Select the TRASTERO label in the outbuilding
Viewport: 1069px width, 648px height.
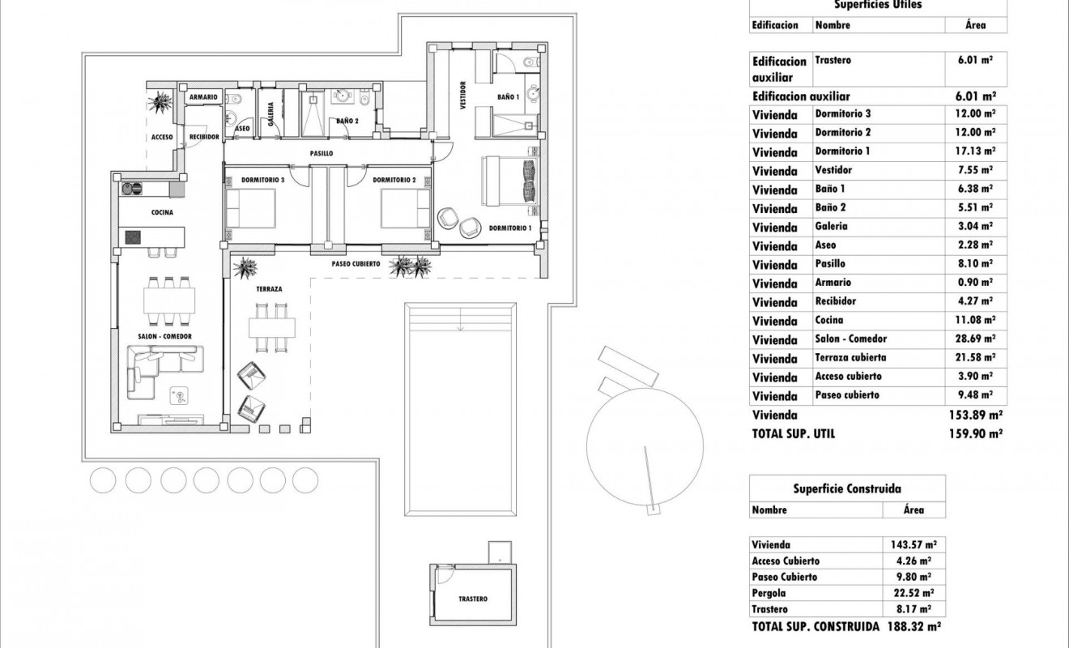472,599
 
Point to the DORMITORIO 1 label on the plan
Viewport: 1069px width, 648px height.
510,228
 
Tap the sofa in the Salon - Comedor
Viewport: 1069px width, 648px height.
166,369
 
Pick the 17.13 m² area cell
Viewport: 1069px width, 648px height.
975,151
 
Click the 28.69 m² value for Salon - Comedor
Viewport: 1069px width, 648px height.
975,339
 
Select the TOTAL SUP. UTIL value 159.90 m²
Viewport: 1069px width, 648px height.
975,434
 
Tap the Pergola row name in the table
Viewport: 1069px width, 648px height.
769,594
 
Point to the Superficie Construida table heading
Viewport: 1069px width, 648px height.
847,488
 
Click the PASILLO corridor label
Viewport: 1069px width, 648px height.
322,153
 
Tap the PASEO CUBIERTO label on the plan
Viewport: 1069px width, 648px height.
356,265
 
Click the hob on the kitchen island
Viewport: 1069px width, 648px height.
130,237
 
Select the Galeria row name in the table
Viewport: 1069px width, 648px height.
832,227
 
